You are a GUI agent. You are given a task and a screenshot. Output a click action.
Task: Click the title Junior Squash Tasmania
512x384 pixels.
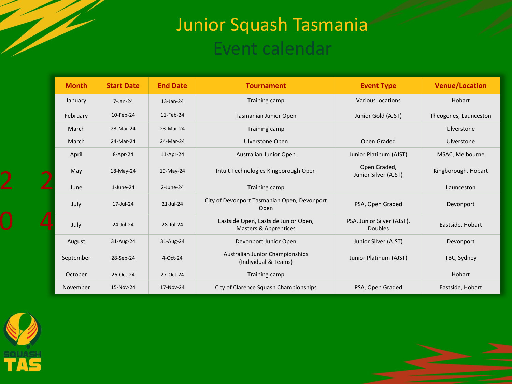point(272,25)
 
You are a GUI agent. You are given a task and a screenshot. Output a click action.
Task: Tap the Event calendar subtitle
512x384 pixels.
point(272,49)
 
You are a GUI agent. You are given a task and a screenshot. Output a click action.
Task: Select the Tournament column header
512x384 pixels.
point(266,86)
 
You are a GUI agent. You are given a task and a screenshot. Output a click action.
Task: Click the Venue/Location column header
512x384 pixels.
point(460,86)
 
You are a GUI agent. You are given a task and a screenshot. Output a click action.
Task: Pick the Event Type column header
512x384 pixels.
point(378,86)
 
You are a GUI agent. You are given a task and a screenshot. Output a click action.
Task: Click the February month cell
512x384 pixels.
point(76,116)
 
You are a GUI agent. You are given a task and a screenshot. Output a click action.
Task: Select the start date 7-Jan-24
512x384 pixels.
point(123,101)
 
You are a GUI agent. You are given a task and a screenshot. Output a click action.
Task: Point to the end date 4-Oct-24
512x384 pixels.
point(172,258)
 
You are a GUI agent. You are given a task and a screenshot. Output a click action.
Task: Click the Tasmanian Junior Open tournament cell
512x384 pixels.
point(266,116)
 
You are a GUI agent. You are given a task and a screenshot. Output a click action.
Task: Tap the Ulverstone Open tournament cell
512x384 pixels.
point(266,141)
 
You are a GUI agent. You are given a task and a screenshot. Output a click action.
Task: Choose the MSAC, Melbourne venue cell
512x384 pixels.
point(460,154)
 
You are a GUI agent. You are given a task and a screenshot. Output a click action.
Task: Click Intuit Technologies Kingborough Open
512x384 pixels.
point(266,171)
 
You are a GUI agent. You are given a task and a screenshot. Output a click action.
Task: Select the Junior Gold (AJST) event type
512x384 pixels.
point(378,116)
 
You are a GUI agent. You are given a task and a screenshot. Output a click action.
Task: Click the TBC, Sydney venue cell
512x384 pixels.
point(460,258)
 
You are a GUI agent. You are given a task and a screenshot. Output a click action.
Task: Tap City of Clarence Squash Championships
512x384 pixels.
point(266,287)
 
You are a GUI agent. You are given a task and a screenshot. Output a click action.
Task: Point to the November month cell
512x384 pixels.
point(76,287)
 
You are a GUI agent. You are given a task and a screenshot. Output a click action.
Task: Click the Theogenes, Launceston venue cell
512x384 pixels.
point(460,116)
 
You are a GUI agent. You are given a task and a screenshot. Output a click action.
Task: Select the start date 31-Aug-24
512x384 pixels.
point(123,241)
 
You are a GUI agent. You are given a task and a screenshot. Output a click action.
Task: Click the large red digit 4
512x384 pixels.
point(47,221)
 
